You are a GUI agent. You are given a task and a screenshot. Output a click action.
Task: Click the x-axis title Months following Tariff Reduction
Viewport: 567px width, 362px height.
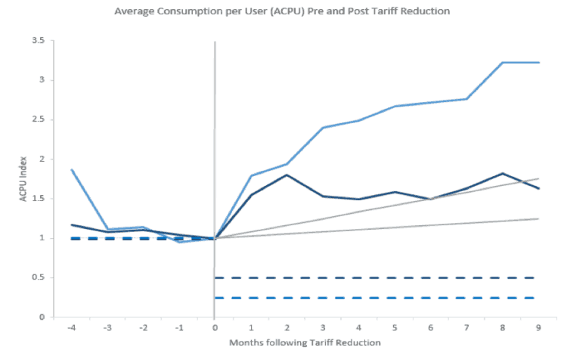(305, 342)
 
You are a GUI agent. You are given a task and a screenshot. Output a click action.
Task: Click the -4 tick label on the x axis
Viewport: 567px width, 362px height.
(71, 329)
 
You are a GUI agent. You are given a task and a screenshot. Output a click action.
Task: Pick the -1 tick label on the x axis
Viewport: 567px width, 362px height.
(178, 329)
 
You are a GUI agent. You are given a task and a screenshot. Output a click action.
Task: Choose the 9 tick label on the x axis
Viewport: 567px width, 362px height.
(538, 329)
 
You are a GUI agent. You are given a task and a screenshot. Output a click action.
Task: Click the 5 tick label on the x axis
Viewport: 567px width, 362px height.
(395, 329)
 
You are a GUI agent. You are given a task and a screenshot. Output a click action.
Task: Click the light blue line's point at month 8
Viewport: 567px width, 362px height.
(503, 63)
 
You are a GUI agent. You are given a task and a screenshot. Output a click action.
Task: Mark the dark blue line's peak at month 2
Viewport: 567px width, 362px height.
(287, 175)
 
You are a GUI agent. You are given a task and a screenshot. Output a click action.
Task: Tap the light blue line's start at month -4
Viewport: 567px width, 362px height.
(71, 169)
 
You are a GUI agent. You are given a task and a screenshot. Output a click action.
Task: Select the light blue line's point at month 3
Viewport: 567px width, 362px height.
(323, 128)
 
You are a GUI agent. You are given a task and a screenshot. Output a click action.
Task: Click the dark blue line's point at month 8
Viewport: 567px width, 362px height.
(503, 173)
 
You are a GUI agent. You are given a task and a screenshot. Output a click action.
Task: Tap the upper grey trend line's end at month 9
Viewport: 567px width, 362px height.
(538, 179)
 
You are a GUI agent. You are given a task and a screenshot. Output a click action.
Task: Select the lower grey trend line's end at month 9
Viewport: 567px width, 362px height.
(538, 218)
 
